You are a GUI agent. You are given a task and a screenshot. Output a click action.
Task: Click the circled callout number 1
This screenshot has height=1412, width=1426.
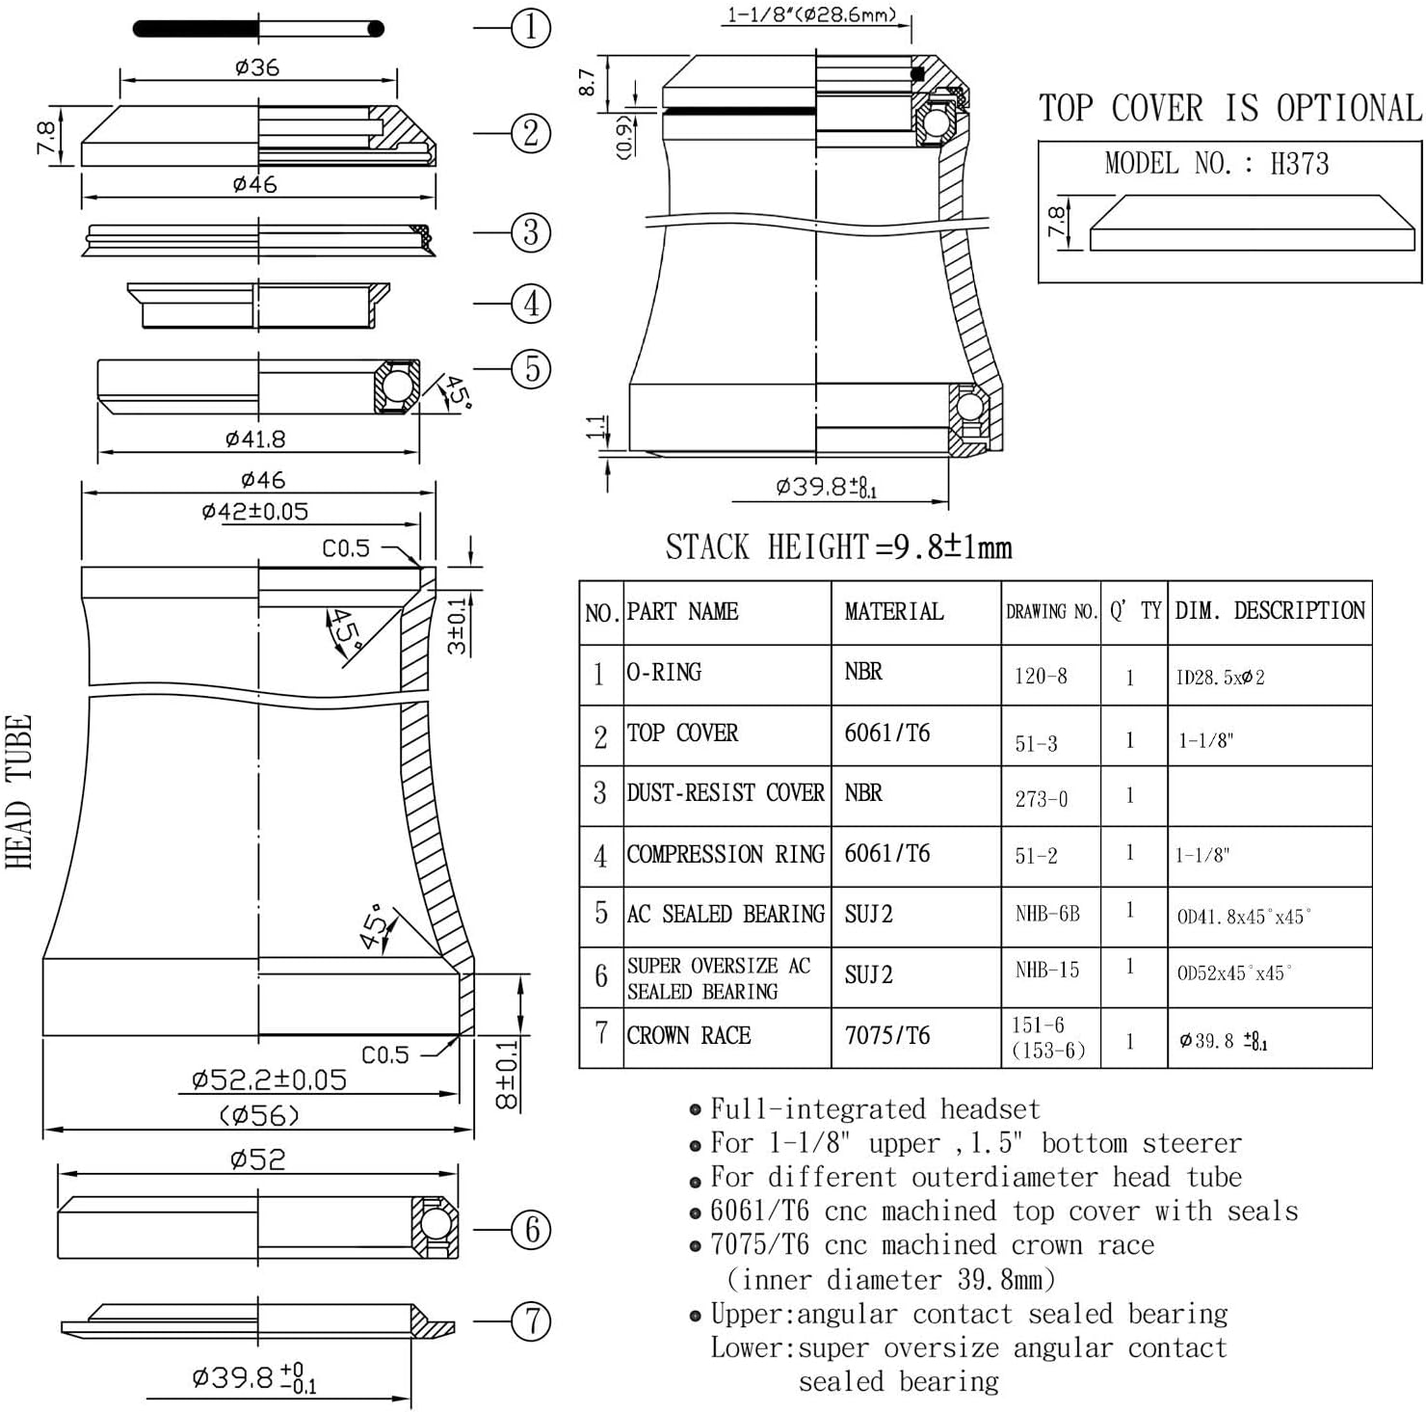pos(531,27)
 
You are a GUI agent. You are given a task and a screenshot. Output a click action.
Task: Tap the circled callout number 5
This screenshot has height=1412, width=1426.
pos(531,368)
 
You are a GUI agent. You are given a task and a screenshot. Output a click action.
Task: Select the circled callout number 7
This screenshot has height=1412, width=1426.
pos(531,1320)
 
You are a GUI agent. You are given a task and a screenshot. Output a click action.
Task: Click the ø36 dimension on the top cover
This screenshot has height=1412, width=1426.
pos(257,67)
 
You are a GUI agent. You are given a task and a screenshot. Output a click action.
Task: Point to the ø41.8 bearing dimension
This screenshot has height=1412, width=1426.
pos(255,440)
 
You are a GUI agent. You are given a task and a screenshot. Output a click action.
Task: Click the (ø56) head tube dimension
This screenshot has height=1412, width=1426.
pos(259,1115)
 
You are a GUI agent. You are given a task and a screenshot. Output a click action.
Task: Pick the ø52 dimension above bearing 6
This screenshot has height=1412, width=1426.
pos(258,1159)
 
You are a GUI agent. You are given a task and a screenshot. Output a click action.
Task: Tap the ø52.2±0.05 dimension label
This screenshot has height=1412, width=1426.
pos(269,1079)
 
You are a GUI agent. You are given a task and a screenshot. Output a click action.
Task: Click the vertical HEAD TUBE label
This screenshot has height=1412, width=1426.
pos(19,791)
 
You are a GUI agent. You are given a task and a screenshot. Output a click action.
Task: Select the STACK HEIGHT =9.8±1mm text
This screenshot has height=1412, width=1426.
pos(838,547)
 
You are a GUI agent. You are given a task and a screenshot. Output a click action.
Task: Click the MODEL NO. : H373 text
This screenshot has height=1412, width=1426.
pos(1216,164)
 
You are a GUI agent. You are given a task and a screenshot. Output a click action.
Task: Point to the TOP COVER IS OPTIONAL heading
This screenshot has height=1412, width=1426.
pos(1229,108)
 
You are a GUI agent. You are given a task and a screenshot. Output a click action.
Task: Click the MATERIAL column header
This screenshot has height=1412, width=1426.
pos(894,611)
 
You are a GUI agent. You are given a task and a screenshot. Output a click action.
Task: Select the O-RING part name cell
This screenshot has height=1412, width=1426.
pos(664,672)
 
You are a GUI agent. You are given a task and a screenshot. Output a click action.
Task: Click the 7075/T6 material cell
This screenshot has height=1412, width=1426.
pos(887,1035)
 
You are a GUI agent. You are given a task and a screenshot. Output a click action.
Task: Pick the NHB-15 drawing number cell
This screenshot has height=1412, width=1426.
pos(1047,970)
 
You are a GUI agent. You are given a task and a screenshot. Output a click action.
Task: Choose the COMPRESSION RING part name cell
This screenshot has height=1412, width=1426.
pos(726,854)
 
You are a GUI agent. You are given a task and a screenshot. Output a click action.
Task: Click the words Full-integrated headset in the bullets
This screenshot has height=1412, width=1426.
pos(875,1109)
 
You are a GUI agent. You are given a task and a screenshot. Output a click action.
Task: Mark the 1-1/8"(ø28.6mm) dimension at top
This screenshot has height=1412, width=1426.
pos(811,14)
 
